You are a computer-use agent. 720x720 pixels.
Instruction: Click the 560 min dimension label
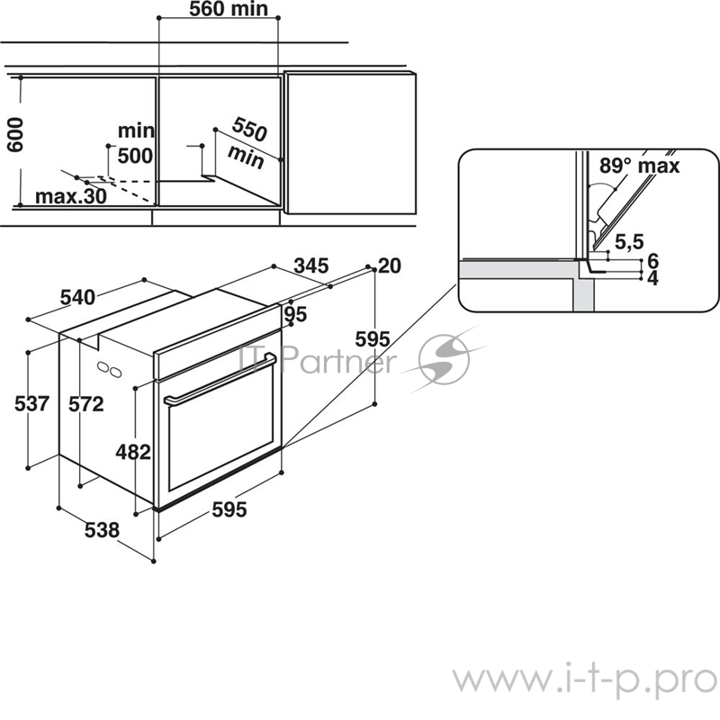coord(229,11)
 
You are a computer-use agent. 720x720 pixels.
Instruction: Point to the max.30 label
coord(70,196)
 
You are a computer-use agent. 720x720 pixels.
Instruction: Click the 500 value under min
coord(135,156)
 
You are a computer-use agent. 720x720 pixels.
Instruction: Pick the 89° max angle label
coord(641,166)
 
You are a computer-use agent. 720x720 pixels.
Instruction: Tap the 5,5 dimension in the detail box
coord(629,242)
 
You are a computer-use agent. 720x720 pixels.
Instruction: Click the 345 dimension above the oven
coord(310,265)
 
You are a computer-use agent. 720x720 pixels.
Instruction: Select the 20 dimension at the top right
coord(390,265)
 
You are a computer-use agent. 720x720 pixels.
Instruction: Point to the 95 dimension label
coord(296,314)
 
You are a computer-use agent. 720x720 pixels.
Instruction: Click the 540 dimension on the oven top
coord(77,298)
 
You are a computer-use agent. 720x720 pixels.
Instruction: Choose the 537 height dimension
coord(32,404)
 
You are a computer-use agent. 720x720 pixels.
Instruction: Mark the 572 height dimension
coord(86,404)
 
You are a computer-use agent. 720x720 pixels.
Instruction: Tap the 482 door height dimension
coord(133,453)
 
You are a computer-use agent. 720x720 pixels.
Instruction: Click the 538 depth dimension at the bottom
coord(102,531)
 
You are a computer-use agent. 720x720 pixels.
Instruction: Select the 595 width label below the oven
coord(229,510)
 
